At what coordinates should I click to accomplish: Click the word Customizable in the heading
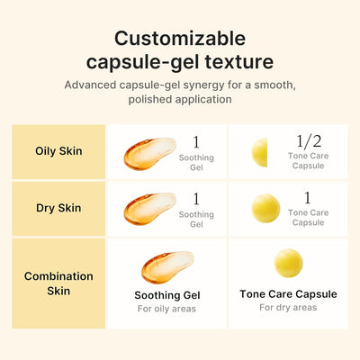(x=180, y=39)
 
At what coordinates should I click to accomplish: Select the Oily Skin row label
(x=58, y=151)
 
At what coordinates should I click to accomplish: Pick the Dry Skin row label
(x=58, y=208)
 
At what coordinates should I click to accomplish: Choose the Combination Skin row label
(x=58, y=283)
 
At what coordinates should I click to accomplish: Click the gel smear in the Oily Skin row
(x=148, y=153)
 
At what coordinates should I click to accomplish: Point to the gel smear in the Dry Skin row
(x=148, y=209)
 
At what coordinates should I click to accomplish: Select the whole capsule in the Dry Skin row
(x=265, y=208)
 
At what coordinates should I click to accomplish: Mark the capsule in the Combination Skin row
(x=288, y=264)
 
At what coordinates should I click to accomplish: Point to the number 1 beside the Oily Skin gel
(x=196, y=141)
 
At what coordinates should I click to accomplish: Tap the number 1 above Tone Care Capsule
(x=307, y=197)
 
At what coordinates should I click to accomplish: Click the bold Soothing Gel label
(x=167, y=294)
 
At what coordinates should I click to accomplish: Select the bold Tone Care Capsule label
(x=288, y=293)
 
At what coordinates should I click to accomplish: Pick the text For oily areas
(x=166, y=309)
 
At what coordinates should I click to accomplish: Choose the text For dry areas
(x=288, y=308)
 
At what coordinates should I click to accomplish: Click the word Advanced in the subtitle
(x=94, y=85)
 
